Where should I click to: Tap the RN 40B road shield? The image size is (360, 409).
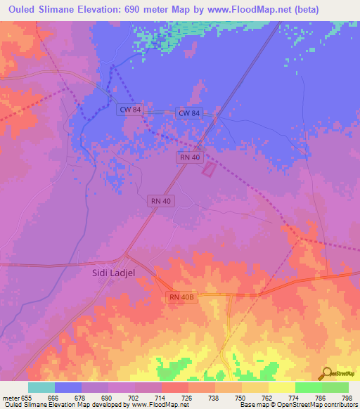point(181,298)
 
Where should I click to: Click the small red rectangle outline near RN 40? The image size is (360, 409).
point(209,169)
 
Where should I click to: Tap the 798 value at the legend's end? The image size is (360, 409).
point(347,396)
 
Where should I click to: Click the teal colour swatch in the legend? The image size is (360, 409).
point(41,387)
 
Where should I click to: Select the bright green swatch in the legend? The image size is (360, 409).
point(308,387)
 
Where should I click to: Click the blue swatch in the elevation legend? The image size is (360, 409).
point(68,387)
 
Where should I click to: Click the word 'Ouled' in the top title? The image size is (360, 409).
point(25,10)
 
